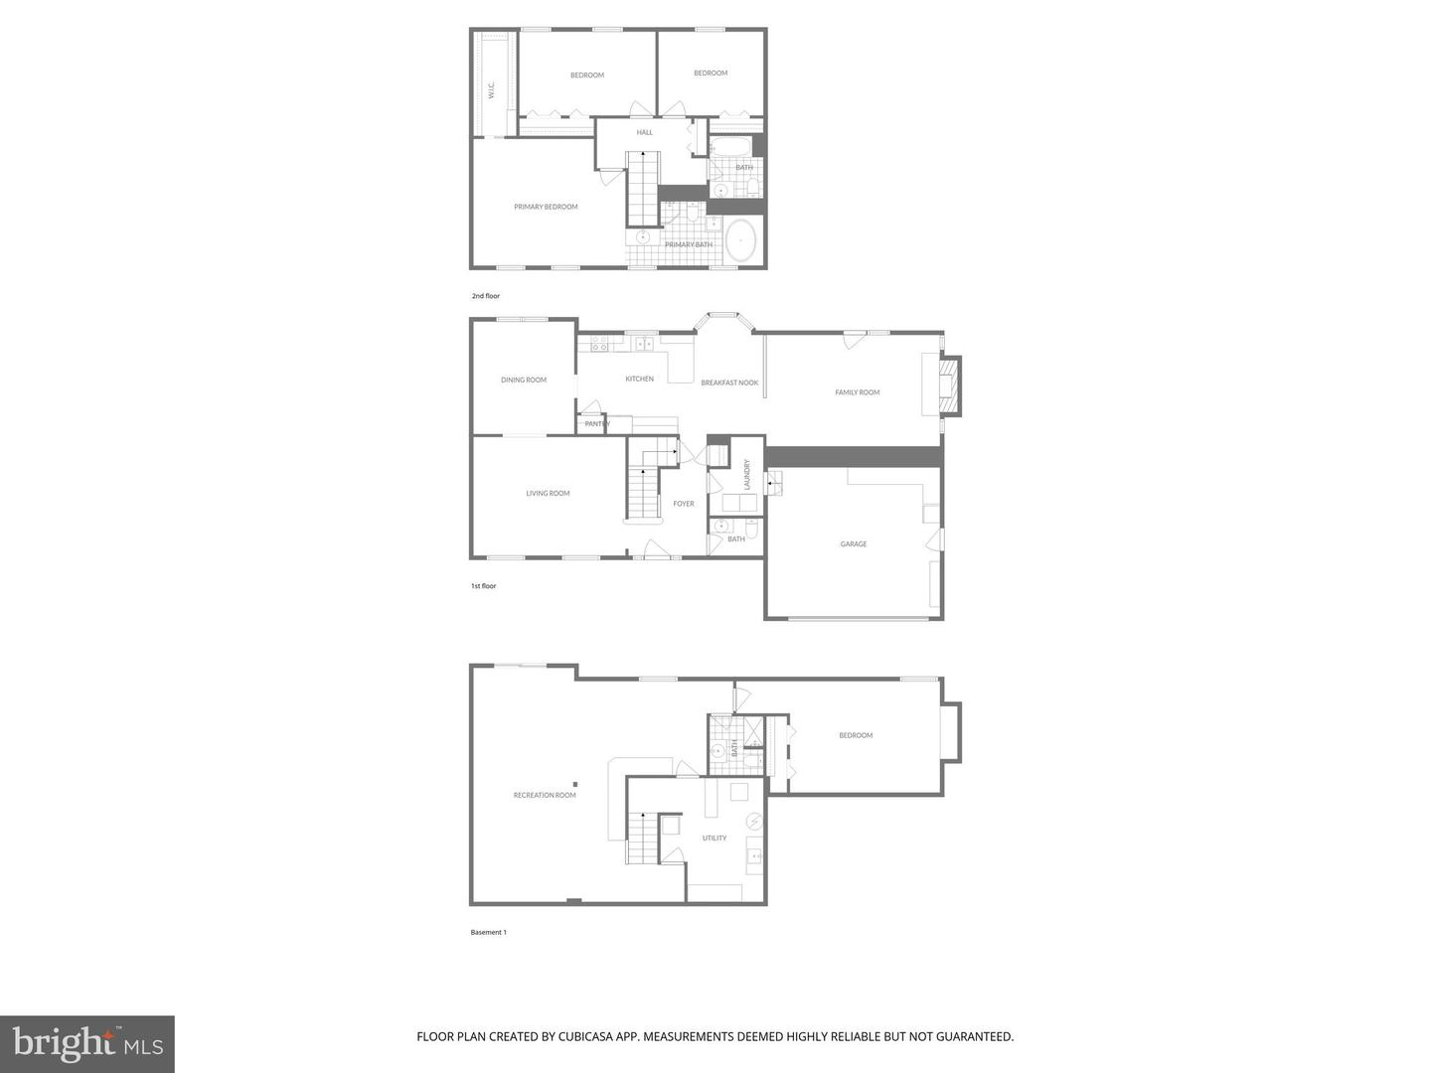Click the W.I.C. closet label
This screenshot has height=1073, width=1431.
[491, 90]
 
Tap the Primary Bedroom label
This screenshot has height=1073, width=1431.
[546, 207]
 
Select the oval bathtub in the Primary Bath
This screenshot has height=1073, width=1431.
[741, 241]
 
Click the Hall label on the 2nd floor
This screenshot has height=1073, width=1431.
[645, 132]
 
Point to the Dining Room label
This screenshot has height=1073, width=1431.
[524, 380]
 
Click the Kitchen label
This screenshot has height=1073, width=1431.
[640, 379]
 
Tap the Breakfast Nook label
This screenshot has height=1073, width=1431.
[729, 383]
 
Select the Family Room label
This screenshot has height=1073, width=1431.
[857, 392]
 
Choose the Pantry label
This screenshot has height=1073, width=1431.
[597, 424]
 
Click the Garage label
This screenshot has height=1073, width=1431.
[854, 544]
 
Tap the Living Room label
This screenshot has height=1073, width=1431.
[548, 494]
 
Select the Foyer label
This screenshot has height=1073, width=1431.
[684, 504]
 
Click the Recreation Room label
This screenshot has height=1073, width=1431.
[545, 795]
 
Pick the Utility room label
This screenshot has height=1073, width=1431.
[715, 839]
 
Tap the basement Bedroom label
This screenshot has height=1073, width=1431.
[856, 735]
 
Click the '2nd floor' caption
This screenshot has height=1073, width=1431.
[486, 296]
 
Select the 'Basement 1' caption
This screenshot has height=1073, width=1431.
[489, 932]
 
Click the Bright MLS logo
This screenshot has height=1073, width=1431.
[87, 1043]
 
